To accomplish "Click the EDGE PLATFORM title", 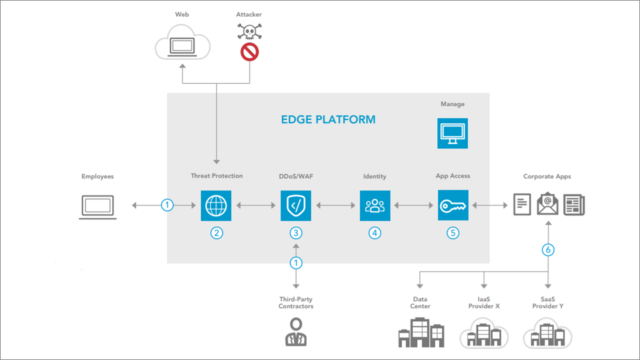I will (328, 119).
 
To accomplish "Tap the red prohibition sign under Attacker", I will (250, 52).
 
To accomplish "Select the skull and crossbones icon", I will (249, 32).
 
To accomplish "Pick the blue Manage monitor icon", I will (452, 133).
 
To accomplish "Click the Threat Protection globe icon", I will (216, 206).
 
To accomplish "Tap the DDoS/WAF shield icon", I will (296, 206).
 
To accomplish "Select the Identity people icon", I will (375, 206).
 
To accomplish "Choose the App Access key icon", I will (453, 205).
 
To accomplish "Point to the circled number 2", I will (217, 233).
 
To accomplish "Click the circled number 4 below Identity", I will (375, 233).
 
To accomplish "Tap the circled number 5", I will (453, 233).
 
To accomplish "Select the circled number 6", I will (548, 250).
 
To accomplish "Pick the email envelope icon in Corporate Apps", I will (547, 204).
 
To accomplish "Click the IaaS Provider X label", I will (484, 303).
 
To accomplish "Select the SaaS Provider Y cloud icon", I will (548, 333).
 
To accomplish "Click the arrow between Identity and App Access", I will (414, 206).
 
